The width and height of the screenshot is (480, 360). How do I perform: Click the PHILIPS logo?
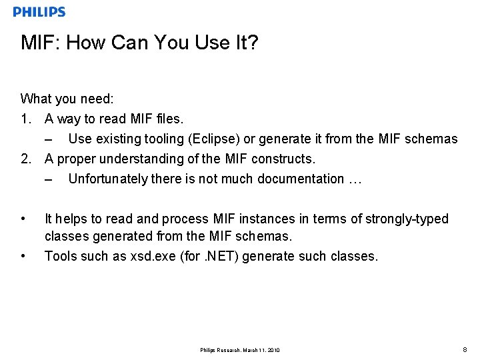click(39, 12)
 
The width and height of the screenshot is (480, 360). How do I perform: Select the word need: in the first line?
click(97, 99)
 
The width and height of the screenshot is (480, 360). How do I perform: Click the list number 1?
click(25, 119)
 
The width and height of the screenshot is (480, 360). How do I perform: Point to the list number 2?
click(25, 159)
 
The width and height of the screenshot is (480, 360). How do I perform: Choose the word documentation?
click(301, 179)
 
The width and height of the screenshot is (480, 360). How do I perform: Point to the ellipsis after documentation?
click(355, 179)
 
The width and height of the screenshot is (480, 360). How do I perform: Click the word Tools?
click(59, 257)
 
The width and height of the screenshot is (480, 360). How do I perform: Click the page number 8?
click(465, 349)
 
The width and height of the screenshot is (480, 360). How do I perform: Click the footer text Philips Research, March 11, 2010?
click(239, 350)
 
